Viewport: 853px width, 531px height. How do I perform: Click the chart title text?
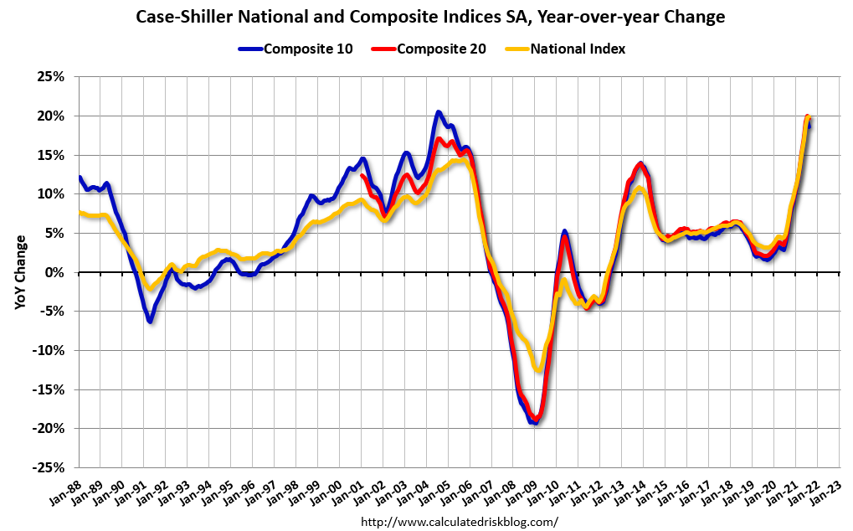(x=426, y=17)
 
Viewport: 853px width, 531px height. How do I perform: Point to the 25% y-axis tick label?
(x=50, y=77)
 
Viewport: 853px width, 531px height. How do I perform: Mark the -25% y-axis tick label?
(x=48, y=467)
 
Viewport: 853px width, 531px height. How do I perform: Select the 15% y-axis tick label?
(x=50, y=155)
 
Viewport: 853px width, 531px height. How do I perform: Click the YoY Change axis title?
(x=20, y=272)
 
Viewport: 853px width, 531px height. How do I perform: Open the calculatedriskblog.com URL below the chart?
(x=459, y=521)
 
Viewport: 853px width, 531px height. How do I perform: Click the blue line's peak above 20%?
(x=439, y=112)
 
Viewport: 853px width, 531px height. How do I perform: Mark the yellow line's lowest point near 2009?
(x=538, y=369)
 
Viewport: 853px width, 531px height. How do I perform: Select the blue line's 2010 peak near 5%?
(x=564, y=231)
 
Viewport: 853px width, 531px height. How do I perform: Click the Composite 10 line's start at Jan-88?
(x=80, y=178)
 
